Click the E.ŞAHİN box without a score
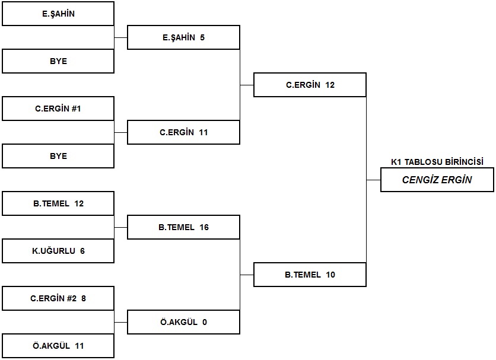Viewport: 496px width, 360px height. [58, 14]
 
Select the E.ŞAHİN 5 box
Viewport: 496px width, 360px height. [183, 37]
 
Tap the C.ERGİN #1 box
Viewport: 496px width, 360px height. [58, 109]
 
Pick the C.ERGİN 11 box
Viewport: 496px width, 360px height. [183, 132]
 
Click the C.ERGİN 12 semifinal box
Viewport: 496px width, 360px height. [310, 85]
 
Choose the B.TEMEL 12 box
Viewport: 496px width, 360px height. [58, 203]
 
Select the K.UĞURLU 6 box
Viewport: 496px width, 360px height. [58, 251]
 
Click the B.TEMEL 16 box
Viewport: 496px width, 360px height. [183, 227]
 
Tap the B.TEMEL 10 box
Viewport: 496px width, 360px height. [310, 275]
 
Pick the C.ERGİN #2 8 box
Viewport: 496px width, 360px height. [58, 298]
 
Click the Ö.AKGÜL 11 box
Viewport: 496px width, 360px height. [58, 346]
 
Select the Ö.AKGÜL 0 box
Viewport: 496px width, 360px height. [183, 322]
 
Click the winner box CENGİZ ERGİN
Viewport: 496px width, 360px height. [437, 180]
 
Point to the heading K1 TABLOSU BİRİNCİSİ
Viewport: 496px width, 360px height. [437, 162]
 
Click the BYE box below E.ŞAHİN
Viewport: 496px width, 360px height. [58, 61]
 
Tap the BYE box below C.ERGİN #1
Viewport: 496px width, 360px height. [58, 156]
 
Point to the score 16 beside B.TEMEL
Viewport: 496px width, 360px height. [204, 227]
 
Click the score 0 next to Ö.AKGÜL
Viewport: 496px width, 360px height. [205, 322]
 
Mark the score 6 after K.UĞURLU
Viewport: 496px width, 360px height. [82, 251]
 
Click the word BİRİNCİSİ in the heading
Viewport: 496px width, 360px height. [464, 162]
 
